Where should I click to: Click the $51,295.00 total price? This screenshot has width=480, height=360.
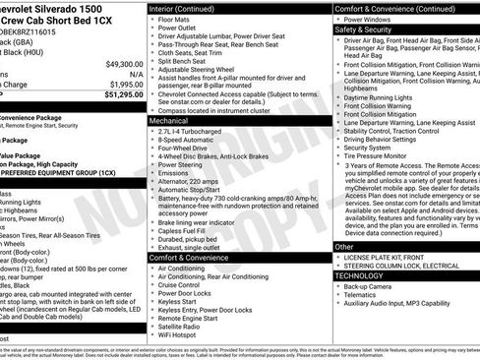coord(121,94)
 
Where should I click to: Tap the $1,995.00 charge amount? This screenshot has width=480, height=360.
coord(124,84)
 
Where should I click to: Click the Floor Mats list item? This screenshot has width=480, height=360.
coord(176,18)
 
